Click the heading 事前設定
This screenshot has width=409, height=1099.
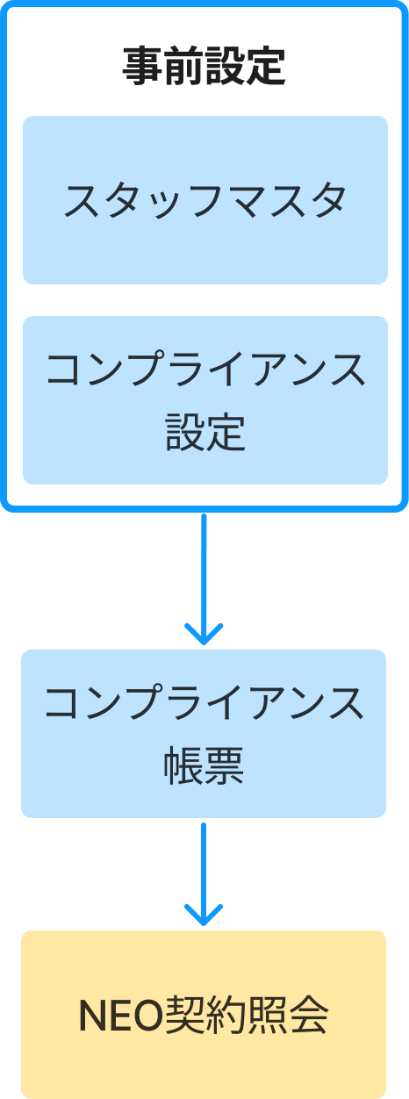pos(204,66)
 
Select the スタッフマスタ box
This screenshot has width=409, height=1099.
pos(205,200)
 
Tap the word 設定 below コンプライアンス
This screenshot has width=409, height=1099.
pos(205,432)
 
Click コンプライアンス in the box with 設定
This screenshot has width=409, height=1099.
pos(205,369)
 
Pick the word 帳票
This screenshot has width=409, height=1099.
pos(204,765)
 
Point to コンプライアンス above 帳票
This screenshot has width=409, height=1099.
pos(204,702)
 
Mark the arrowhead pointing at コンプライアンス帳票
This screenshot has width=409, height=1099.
pos(204,635)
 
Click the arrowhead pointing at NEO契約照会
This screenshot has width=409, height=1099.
pos(204,915)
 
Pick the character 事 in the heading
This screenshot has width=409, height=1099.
pos(143,66)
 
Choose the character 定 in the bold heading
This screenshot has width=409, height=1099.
pos(265,66)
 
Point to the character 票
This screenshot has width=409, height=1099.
pos(224,765)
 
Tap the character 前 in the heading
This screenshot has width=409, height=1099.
pos(183,66)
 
